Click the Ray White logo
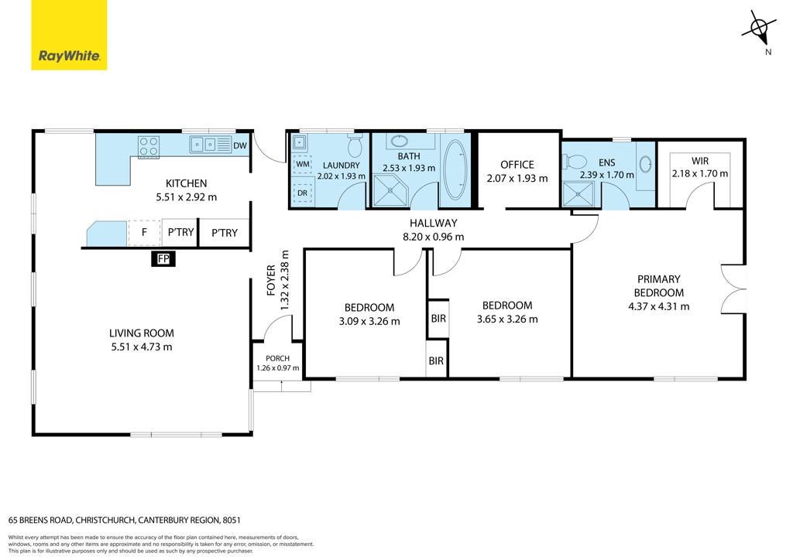(69, 35)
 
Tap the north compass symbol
(760, 29)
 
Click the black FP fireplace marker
(163, 259)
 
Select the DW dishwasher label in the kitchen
(240, 145)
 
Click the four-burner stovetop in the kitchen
(149, 146)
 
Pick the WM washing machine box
(303, 164)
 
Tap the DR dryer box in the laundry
(303, 193)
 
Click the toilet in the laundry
(355, 145)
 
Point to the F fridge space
(145, 232)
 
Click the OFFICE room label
(517, 165)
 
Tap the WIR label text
(700, 161)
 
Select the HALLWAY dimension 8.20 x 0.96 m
(433, 237)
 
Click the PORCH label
(278, 359)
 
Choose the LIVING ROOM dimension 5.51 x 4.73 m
(142, 347)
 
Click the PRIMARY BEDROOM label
(659, 286)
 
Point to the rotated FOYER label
(271, 280)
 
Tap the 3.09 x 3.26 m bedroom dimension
(369, 321)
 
